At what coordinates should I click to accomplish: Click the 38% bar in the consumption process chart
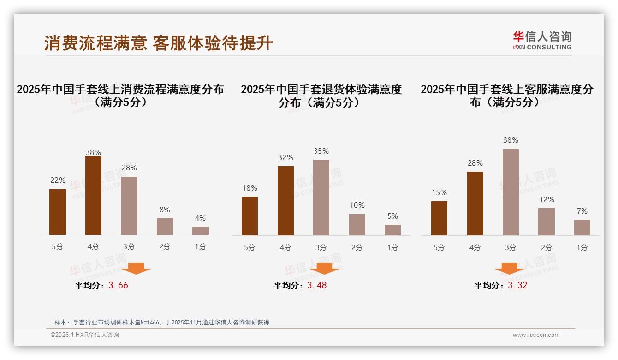[93, 196]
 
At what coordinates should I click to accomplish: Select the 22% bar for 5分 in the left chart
[58, 212]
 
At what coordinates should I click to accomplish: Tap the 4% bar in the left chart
[201, 231]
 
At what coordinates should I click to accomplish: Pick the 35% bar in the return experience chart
[321, 198]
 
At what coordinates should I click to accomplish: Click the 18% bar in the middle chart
[250, 216]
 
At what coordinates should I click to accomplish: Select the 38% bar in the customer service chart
[511, 192]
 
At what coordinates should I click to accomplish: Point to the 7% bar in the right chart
[582, 228]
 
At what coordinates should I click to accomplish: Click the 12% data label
[547, 199]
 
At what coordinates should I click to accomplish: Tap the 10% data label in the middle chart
[357, 205]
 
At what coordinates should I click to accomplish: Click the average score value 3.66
[118, 285]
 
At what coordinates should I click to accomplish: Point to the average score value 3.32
[517, 285]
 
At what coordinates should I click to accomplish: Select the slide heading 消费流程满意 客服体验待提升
[159, 43]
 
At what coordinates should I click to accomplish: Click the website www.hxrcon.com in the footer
[536, 335]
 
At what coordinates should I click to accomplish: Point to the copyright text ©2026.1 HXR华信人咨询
[85, 335]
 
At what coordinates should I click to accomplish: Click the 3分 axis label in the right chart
[511, 247]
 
